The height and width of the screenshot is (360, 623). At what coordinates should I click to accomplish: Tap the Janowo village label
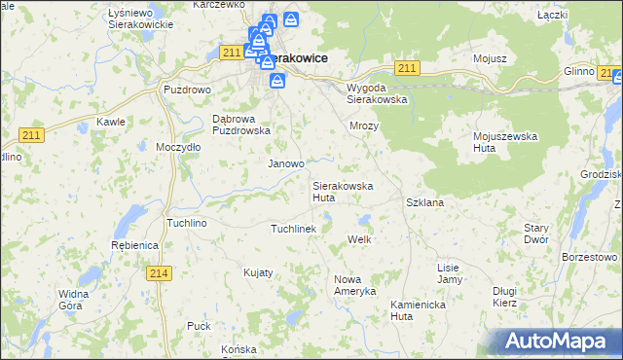(x=286, y=164)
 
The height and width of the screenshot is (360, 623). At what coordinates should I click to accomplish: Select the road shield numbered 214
(x=161, y=273)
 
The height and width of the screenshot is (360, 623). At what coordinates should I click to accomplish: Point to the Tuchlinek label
(x=293, y=229)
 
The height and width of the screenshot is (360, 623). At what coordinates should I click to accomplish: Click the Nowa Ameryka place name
(x=354, y=285)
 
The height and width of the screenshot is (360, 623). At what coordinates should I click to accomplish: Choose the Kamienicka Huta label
(x=415, y=309)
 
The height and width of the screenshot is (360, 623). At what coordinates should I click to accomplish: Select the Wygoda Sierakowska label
(x=377, y=92)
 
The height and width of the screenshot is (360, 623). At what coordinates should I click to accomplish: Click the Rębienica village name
(x=134, y=246)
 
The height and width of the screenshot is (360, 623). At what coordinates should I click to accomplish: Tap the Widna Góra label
(x=74, y=299)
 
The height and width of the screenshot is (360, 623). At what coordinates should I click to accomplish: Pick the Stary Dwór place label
(x=536, y=233)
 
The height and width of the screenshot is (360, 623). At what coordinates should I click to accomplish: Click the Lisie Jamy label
(x=449, y=273)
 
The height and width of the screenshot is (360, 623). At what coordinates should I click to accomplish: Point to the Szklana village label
(x=424, y=202)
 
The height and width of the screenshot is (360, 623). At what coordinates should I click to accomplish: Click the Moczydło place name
(x=178, y=147)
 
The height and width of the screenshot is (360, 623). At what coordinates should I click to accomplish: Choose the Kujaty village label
(x=258, y=272)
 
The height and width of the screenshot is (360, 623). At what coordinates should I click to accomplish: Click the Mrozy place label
(x=363, y=126)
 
